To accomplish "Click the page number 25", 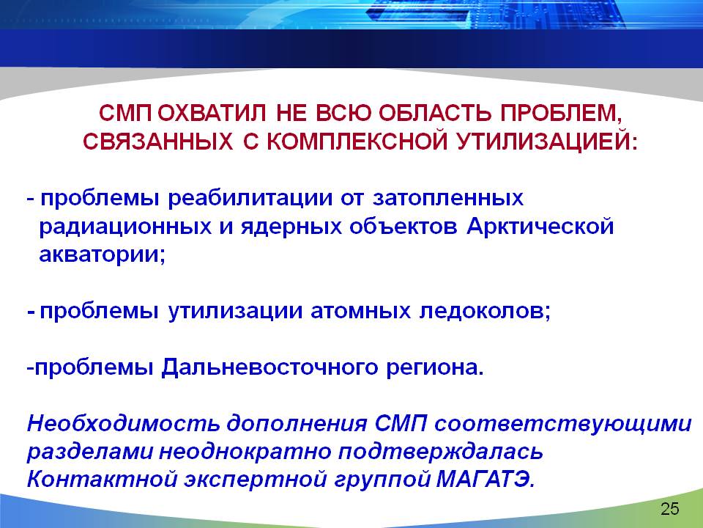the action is tap(670, 509).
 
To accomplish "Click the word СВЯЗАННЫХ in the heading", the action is tap(158, 142).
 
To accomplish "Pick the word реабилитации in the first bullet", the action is tap(250, 198).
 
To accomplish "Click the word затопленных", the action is tap(447, 198).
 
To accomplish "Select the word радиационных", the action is tap(125, 227).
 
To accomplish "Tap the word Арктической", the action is tap(540, 227).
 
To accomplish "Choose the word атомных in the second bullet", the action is tap(360, 311).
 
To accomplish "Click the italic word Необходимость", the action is tap(123, 423).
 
